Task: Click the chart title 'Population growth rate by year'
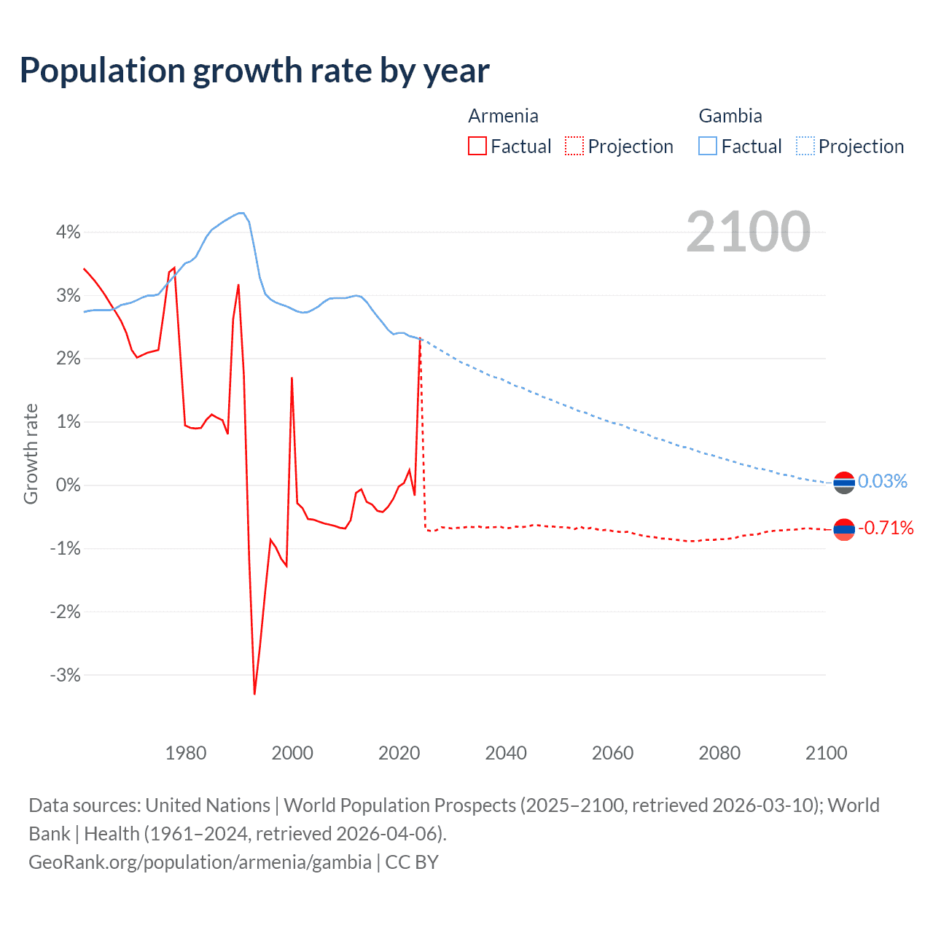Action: [254, 71]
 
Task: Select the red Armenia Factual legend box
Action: [477, 147]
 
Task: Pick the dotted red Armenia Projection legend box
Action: [574, 147]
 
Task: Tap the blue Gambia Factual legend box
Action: [708, 147]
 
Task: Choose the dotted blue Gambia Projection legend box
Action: [805, 147]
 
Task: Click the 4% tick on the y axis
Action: [68, 233]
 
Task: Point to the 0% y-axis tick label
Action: [68, 485]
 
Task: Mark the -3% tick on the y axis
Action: [65, 675]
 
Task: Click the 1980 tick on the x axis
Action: [186, 753]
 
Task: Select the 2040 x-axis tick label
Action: [506, 753]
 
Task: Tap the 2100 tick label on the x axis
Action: [826, 753]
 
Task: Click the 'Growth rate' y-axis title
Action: [31, 453]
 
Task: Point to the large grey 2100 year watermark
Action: [748, 232]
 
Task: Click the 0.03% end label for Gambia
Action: [882, 481]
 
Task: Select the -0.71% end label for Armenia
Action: [886, 528]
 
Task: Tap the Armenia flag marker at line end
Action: [843, 530]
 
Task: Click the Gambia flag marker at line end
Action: [843, 483]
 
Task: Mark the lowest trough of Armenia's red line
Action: [254, 693]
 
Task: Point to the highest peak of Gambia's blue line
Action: [241, 213]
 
